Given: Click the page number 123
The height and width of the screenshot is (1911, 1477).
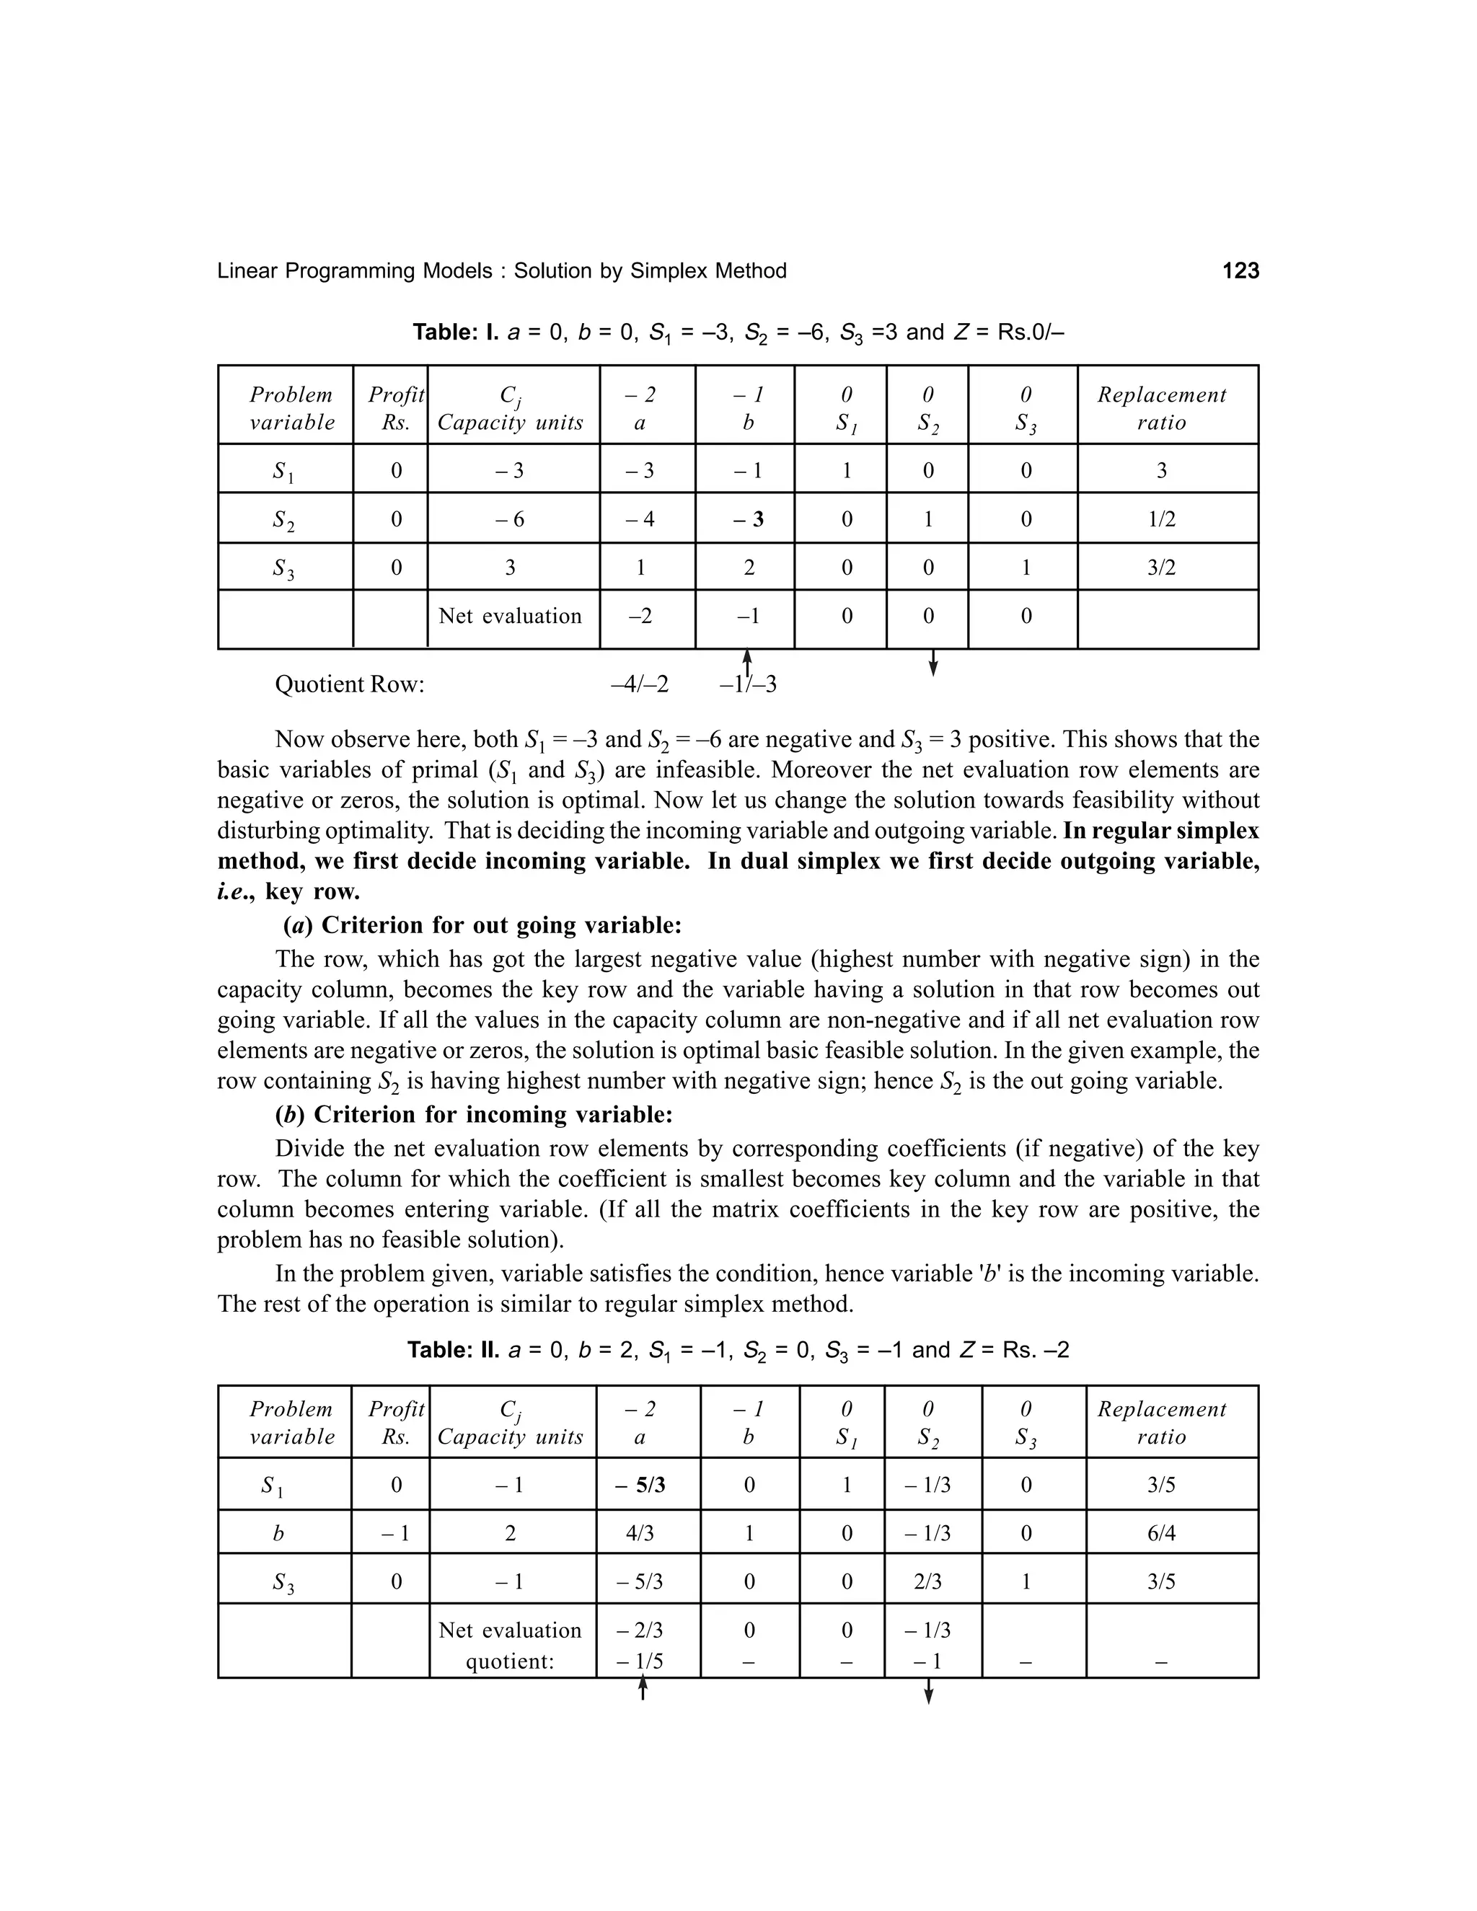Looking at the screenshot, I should pos(1240,271).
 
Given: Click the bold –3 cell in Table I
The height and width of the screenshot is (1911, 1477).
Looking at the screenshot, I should pos(747,519).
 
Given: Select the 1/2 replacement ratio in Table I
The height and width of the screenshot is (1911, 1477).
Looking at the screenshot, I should pos(1161,519).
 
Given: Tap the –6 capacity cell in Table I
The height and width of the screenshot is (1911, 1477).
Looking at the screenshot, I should pos(509,519).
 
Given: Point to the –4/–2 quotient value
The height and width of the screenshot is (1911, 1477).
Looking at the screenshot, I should pos(639,684).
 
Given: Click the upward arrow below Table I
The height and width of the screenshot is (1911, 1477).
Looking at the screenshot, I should pos(747,663).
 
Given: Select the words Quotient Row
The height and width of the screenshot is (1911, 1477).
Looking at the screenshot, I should pos(349,684).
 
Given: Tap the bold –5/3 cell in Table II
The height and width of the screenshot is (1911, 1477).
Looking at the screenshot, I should pos(643,1485).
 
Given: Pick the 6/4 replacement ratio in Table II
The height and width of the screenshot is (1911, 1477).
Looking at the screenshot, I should pos(1161,1533).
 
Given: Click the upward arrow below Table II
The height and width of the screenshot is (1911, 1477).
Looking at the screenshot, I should pos(643,1686).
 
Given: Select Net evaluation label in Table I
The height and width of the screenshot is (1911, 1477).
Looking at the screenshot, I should pos(509,616).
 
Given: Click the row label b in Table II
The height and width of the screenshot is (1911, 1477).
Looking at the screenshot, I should pos(278,1533).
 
